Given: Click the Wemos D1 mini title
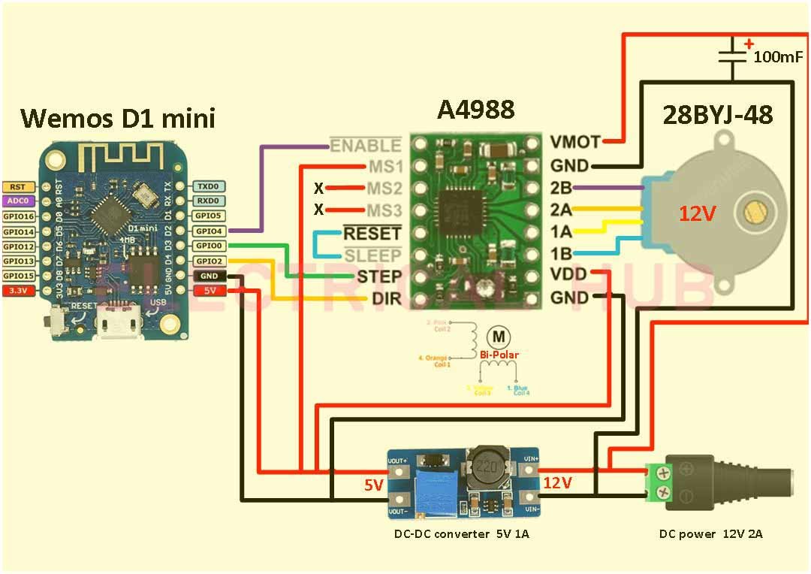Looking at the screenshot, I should [x=117, y=118].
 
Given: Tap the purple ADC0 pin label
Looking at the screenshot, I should [x=17, y=201].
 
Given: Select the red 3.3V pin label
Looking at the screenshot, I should [x=17, y=290].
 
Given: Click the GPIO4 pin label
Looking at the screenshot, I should [x=208, y=231].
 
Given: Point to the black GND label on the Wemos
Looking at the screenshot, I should [x=208, y=275].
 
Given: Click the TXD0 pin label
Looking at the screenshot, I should [x=208, y=186].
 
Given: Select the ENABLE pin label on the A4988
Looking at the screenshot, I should [x=366, y=145].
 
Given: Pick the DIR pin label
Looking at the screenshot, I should [x=386, y=299].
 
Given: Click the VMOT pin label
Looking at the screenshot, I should [x=575, y=141].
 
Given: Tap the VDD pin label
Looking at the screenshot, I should [x=570, y=275].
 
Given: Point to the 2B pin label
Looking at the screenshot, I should [x=560, y=187].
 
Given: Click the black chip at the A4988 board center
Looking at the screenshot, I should [x=463, y=213].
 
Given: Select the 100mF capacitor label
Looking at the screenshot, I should [x=778, y=57].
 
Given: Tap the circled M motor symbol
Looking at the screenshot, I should [x=497, y=336].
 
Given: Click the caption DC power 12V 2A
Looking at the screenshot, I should [x=710, y=534].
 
